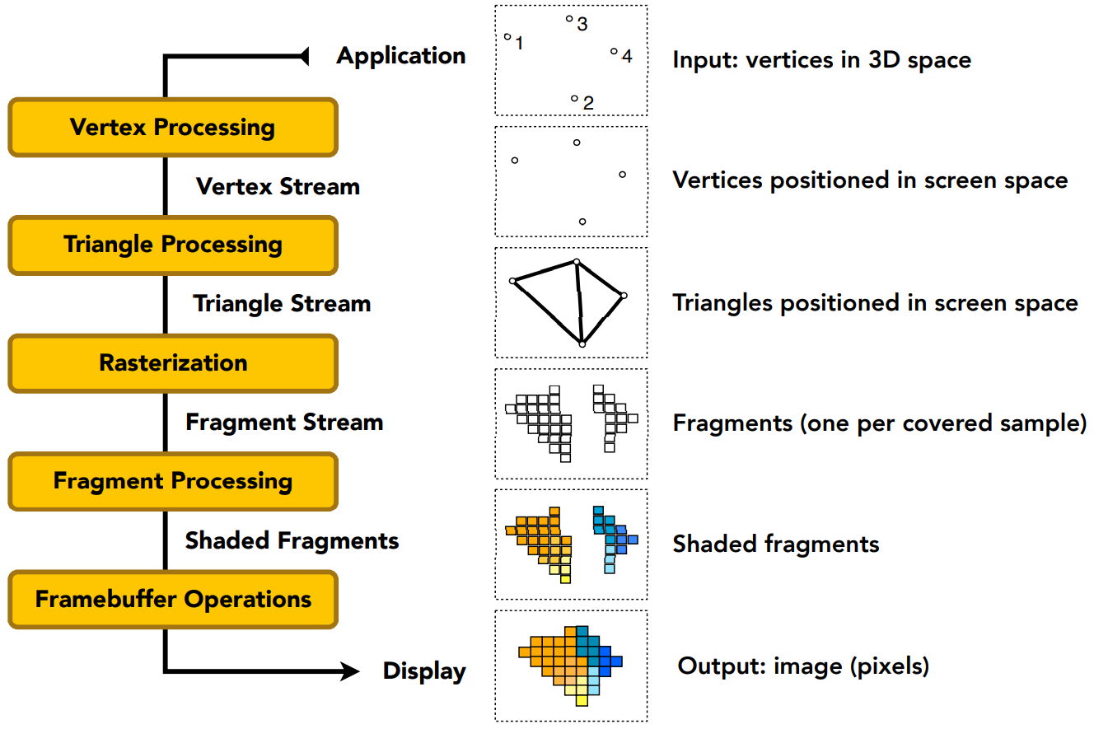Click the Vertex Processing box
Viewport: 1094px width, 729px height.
pyautogui.click(x=172, y=128)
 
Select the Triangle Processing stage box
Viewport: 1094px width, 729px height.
pyautogui.click(x=172, y=245)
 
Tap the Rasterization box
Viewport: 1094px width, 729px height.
pyautogui.click(x=172, y=363)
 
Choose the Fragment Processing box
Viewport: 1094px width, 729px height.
pyautogui.click(x=172, y=481)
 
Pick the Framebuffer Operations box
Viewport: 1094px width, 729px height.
pyautogui.click(x=172, y=599)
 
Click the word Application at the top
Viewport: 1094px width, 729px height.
pyautogui.click(x=401, y=56)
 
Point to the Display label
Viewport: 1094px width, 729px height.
pyautogui.click(x=424, y=671)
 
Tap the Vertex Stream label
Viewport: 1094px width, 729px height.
pyautogui.click(x=278, y=186)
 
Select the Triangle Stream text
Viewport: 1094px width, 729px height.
pyautogui.click(x=282, y=304)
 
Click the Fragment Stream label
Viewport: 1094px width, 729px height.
pyautogui.click(x=284, y=423)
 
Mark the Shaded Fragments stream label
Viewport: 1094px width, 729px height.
pyautogui.click(x=292, y=540)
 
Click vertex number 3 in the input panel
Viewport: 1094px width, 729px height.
pyautogui.click(x=569, y=19)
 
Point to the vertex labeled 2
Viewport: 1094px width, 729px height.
pyautogui.click(x=574, y=99)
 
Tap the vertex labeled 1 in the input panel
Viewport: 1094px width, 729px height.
pyautogui.click(x=507, y=36)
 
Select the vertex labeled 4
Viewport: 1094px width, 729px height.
pyautogui.click(x=614, y=52)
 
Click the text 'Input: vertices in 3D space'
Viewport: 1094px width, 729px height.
pyautogui.click(x=821, y=60)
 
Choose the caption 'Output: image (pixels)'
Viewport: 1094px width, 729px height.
pyautogui.click(x=803, y=666)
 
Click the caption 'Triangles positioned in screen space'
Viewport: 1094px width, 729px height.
pyautogui.click(x=875, y=303)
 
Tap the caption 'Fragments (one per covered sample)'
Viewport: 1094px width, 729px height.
pyautogui.click(x=879, y=423)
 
